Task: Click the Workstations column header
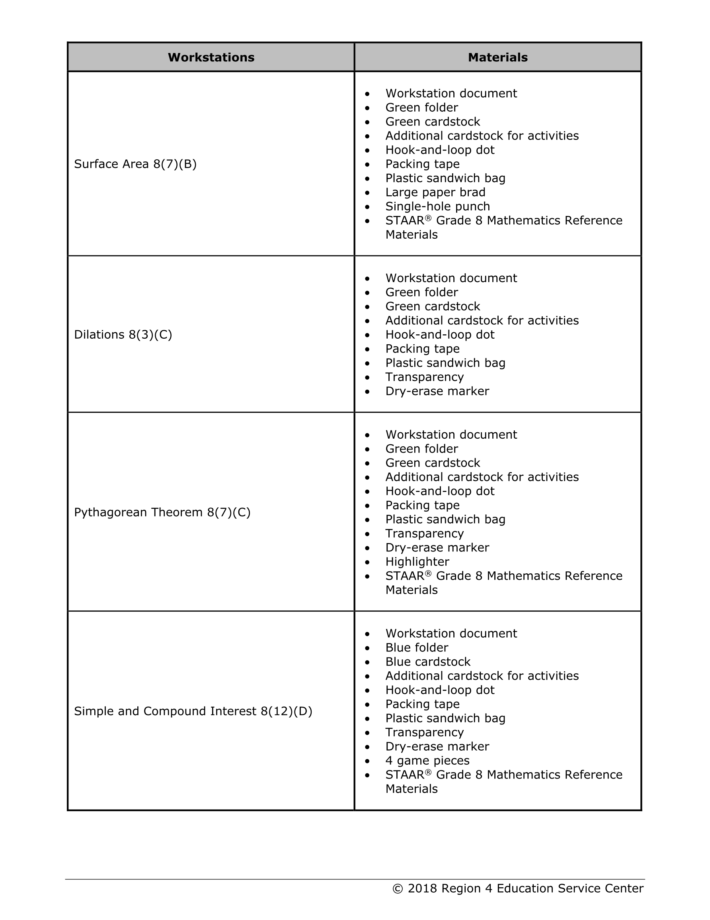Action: pyautogui.click(x=211, y=57)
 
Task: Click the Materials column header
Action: pyautogui.click(x=497, y=57)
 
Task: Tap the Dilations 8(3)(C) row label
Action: pyautogui.click(x=123, y=334)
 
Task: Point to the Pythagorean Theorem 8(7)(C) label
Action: pyautogui.click(x=162, y=512)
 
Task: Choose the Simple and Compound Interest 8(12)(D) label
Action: pyautogui.click(x=193, y=711)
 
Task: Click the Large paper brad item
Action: pyautogui.click(x=435, y=192)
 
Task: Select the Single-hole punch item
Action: pyautogui.click(x=438, y=206)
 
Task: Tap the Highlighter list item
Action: pyautogui.click(x=417, y=561)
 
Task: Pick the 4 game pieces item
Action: pyautogui.click(x=427, y=760)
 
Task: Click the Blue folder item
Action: pyautogui.click(x=417, y=647)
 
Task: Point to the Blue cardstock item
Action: pyautogui.click(x=427, y=662)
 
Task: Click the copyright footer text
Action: pyautogui.click(x=518, y=888)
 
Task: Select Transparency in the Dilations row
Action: pyautogui.click(x=424, y=377)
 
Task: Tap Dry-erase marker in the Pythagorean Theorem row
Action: pyautogui.click(x=437, y=547)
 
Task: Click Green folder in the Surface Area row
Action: pyautogui.click(x=421, y=108)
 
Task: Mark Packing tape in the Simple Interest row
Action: pyautogui.click(x=422, y=704)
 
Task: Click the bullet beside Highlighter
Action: pyautogui.click(x=367, y=562)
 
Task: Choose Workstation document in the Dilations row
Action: pyautogui.click(x=451, y=278)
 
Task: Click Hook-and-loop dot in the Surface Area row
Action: pyautogui.click(x=440, y=150)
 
